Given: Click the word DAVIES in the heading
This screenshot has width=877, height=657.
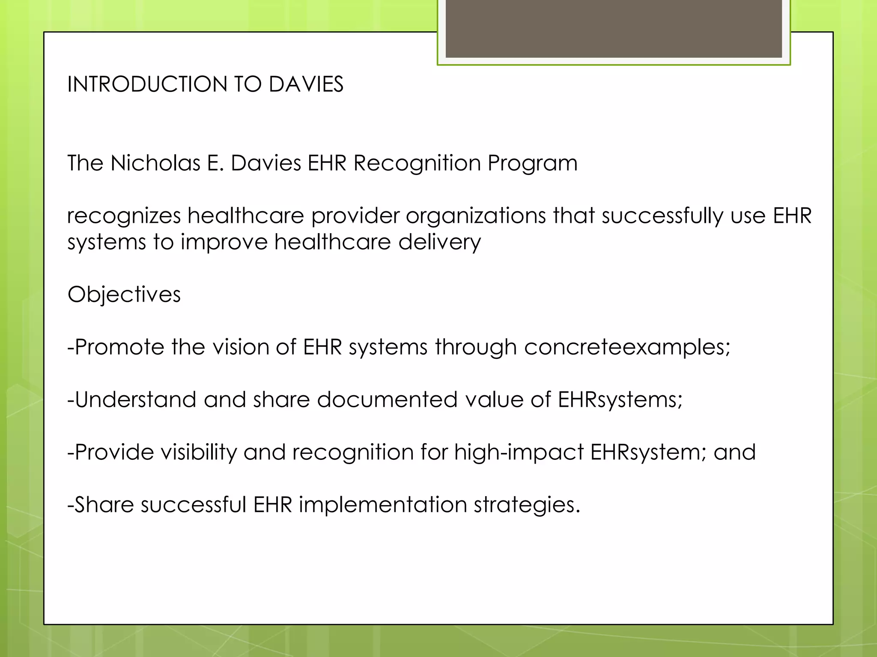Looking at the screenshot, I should (306, 84).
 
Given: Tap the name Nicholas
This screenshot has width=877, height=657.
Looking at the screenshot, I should (155, 163).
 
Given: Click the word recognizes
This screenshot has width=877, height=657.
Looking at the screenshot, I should (124, 216).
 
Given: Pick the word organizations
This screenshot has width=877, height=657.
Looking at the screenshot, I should (476, 216).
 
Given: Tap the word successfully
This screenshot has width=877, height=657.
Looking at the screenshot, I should (662, 216).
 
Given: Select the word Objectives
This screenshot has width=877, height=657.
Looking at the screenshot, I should (124, 294).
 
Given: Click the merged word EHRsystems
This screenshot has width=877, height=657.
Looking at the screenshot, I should (619, 400).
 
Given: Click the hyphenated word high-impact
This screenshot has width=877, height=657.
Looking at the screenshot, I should (519, 452).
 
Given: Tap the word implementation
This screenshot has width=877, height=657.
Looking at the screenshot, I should (382, 505).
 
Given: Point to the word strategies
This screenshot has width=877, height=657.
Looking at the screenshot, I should (526, 505).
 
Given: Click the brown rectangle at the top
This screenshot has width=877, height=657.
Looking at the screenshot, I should (613, 28).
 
